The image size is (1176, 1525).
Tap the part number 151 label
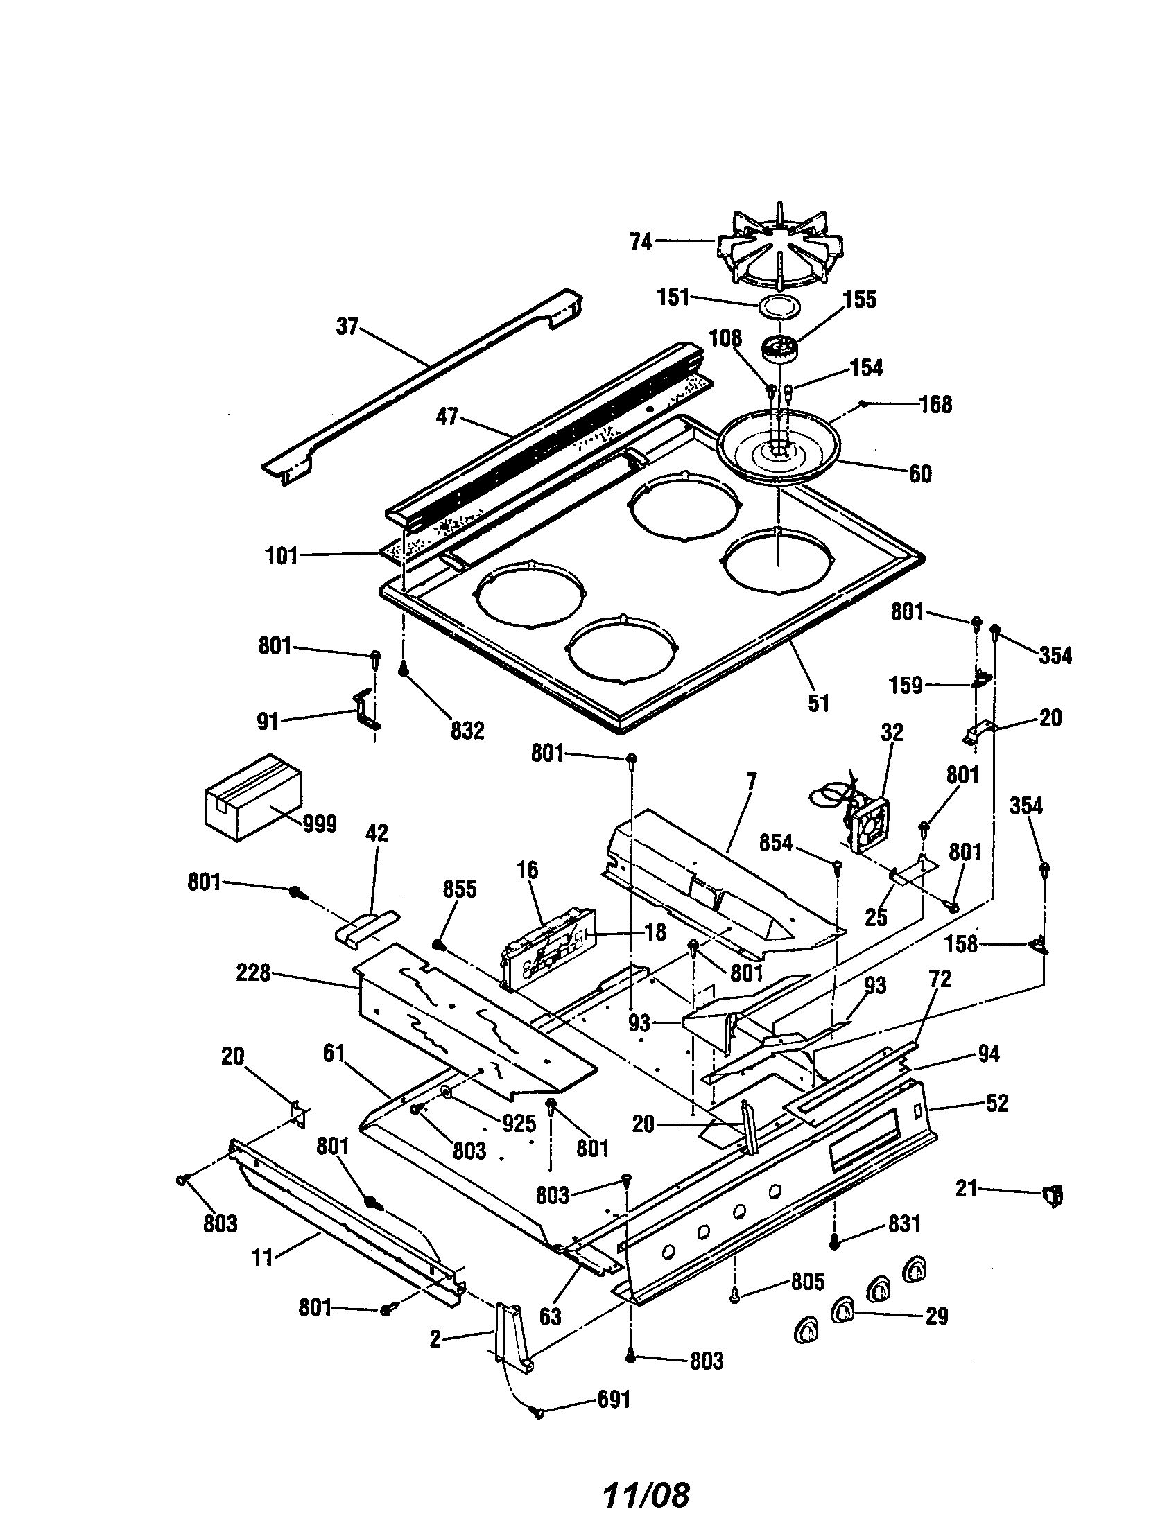(x=673, y=297)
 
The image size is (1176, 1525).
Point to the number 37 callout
(x=347, y=326)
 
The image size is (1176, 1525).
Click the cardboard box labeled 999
(x=253, y=796)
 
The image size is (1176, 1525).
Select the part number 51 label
(x=818, y=702)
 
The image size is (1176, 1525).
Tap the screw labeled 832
(x=403, y=669)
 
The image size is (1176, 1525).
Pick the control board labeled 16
(x=549, y=948)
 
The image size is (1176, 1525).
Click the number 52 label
(x=997, y=1104)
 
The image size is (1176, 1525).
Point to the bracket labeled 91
(x=365, y=710)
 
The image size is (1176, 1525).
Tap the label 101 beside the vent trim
(x=282, y=556)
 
